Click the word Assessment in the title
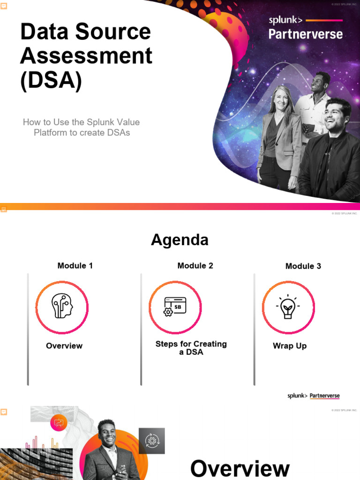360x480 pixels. coord(86,56)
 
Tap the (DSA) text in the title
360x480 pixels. coord(51,80)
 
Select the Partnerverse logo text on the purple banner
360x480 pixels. coord(305,34)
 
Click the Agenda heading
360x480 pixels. coord(180,240)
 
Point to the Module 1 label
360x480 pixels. coord(75,266)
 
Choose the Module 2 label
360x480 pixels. coord(195,266)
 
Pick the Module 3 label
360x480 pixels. coord(303,266)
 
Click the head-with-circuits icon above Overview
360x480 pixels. coord(62,307)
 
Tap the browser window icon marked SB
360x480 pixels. coord(175,307)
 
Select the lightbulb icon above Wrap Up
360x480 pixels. coord(288,307)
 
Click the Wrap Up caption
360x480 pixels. coord(290,346)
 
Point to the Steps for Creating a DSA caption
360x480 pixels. coord(191,348)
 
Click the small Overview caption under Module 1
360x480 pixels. coord(64,346)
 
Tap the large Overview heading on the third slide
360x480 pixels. coord(240,468)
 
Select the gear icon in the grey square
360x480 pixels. coord(151,441)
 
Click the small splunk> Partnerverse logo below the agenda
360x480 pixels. coord(314,396)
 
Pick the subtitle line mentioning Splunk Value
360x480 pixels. coord(82,122)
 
